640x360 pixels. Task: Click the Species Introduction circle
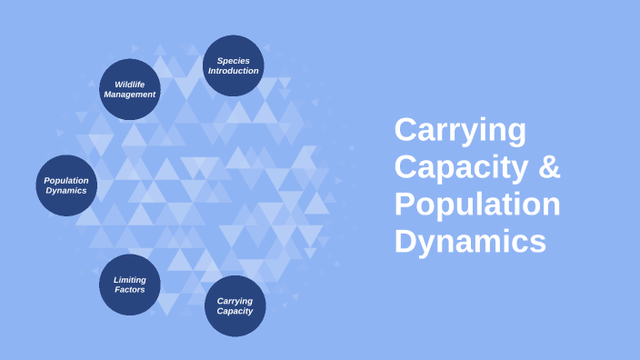(x=234, y=65)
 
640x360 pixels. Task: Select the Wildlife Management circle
(x=130, y=89)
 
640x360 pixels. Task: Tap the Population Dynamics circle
(x=66, y=185)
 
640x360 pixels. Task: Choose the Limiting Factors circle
(x=130, y=285)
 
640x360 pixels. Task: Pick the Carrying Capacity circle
(x=235, y=305)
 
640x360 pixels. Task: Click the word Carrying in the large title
(x=460, y=130)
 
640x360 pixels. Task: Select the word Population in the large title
(x=477, y=205)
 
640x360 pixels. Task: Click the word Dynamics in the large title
(x=470, y=242)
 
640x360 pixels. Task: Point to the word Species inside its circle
(x=234, y=61)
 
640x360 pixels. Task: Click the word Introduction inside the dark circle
(x=234, y=71)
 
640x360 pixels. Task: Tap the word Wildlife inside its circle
(x=130, y=85)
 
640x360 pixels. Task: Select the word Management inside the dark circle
(x=130, y=95)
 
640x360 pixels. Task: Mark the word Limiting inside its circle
(x=130, y=280)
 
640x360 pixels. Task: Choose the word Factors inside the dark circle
(x=130, y=290)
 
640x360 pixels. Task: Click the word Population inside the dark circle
(x=66, y=180)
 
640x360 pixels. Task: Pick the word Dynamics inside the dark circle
(x=66, y=191)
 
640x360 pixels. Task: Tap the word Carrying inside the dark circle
(x=235, y=301)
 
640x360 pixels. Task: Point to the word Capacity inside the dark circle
(x=235, y=311)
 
